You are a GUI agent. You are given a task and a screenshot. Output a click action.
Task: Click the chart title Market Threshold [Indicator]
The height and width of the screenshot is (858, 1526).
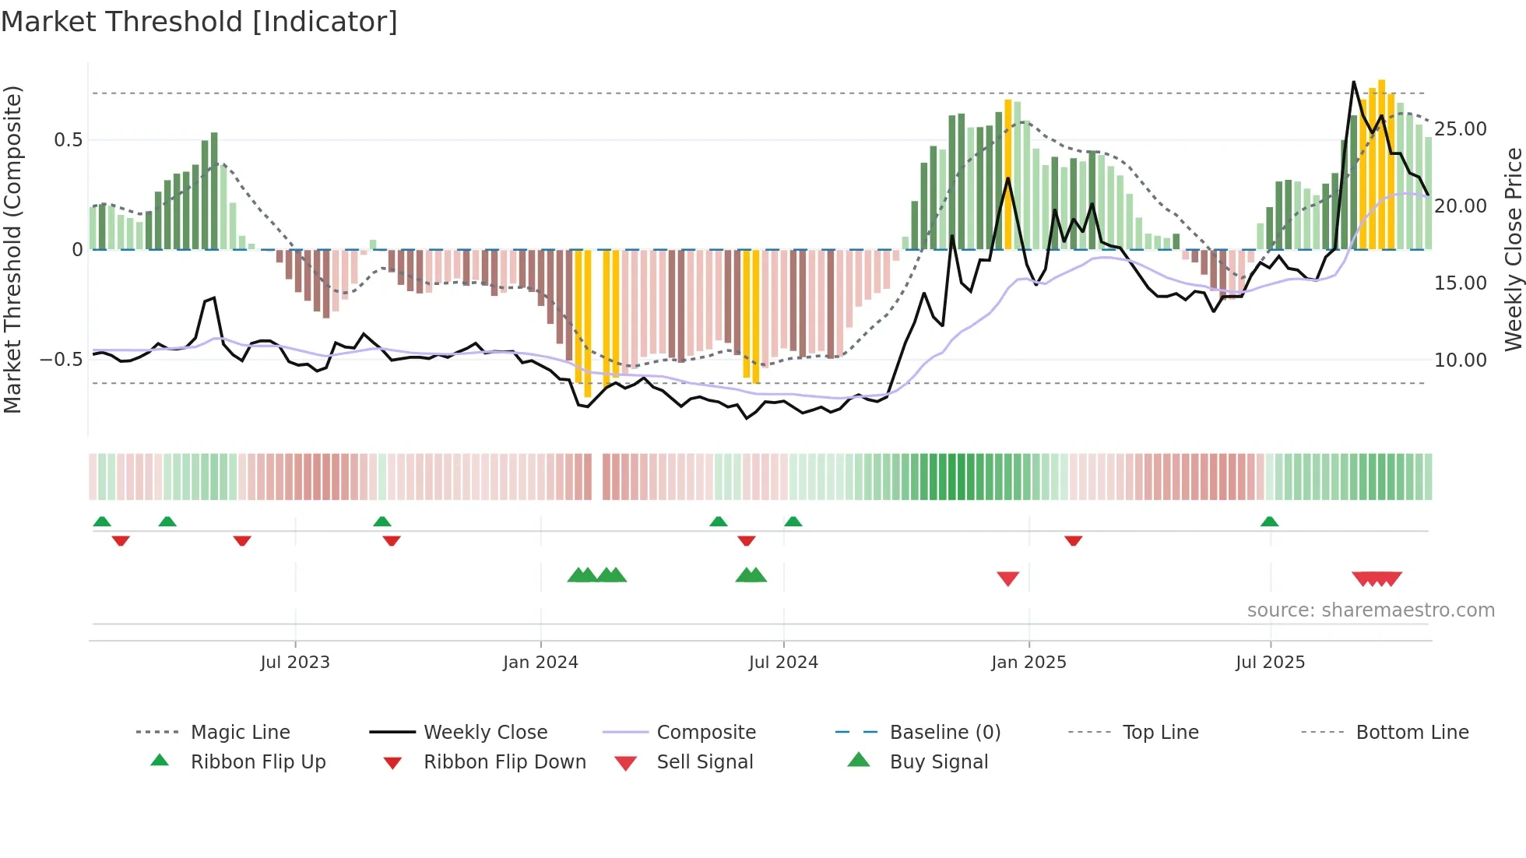(x=199, y=22)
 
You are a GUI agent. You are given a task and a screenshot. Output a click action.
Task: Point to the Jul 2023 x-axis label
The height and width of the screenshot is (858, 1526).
(x=295, y=663)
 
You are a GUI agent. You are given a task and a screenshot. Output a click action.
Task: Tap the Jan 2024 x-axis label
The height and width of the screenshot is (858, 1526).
(x=540, y=663)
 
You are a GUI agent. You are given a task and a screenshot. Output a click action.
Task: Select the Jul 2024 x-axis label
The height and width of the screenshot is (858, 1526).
(x=783, y=663)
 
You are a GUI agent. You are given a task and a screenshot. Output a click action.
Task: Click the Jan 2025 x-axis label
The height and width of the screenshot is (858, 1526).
(x=1028, y=663)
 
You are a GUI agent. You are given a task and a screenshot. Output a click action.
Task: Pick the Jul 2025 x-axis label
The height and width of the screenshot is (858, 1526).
(x=1270, y=663)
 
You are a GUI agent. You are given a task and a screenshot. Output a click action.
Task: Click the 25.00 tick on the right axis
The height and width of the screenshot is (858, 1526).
(x=1460, y=129)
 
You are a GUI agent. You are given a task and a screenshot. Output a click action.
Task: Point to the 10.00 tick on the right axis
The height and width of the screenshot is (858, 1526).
(x=1460, y=360)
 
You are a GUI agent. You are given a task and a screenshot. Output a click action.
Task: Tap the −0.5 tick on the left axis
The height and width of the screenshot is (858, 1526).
(x=61, y=360)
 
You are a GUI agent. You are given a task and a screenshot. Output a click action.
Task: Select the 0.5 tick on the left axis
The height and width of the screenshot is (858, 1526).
(x=68, y=140)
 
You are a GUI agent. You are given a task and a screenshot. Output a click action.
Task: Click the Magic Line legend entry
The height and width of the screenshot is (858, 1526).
(x=240, y=733)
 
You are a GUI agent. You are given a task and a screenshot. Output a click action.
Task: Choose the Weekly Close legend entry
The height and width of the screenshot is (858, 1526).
(x=485, y=733)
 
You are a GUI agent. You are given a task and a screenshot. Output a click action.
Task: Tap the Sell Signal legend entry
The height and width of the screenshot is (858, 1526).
(x=705, y=762)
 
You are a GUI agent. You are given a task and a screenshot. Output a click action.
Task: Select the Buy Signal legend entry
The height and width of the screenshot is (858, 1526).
(x=938, y=762)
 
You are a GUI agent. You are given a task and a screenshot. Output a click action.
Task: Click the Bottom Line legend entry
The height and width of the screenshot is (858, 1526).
(x=1412, y=733)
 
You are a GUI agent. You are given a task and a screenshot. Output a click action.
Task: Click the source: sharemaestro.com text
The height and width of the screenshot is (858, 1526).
(x=1370, y=610)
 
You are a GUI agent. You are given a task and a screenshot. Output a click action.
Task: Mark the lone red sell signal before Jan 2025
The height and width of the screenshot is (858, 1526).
(x=1008, y=578)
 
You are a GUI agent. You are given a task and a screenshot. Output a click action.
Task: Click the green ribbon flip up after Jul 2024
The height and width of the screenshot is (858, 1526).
(x=793, y=522)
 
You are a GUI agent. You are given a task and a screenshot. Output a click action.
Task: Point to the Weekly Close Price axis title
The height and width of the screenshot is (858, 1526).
(x=1513, y=249)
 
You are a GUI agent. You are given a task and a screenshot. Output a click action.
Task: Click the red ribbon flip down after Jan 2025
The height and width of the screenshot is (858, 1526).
(x=1073, y=540)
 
